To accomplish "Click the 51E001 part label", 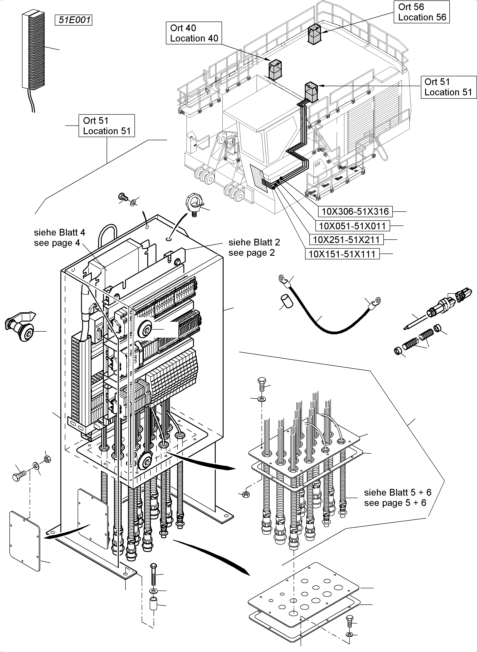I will (x=73, y=20).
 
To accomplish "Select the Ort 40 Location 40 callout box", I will (x=194, y=33).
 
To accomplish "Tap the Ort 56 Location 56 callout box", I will (x=422, y=12).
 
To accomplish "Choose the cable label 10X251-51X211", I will (x=346, y=240).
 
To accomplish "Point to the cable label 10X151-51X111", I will (x=342, y=254).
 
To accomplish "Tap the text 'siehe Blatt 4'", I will (x=59, y=232).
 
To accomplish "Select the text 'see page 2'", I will (x=251, y=253).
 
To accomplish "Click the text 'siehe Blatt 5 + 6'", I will (x=397, y=492).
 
